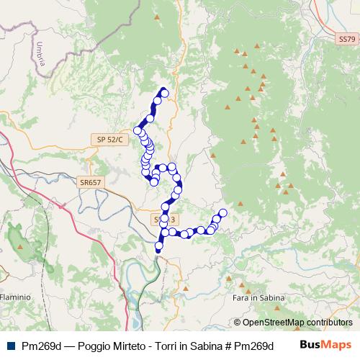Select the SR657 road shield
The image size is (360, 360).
coord(91,183)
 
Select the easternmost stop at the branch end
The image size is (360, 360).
coord(222,212)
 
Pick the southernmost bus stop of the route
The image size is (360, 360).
coord(158,248)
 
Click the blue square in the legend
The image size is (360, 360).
coord(11,345)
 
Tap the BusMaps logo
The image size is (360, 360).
coord(325,345)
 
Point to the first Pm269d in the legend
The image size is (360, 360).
coord(40,345)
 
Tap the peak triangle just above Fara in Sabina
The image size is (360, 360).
coord(257,282)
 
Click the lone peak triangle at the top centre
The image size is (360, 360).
coord(157,15)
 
